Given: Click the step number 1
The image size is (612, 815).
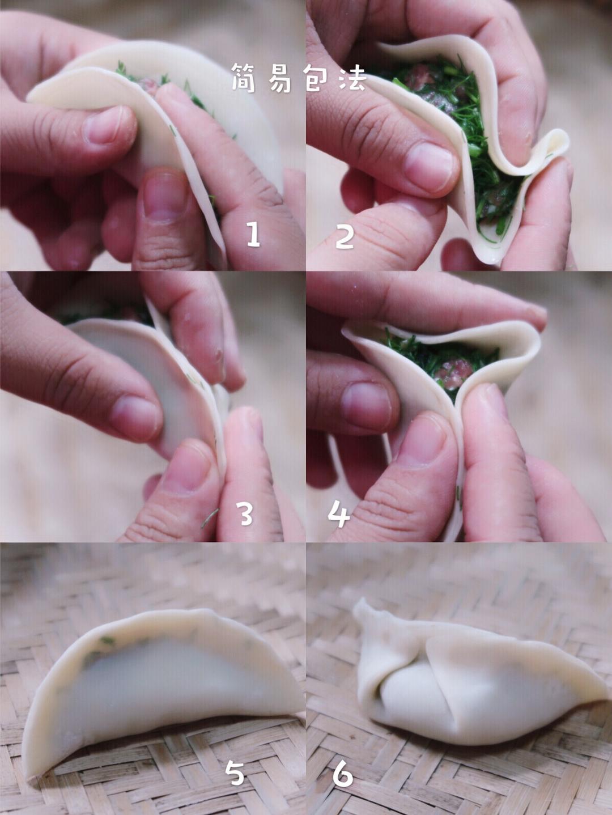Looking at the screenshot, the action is coord(253,235).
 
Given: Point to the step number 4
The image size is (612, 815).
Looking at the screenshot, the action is coord(339,514).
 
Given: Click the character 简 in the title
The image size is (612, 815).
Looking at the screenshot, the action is coord(244,78).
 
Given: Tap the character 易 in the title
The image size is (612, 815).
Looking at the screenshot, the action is coord(280,78).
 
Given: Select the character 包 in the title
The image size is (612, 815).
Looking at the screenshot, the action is coord(316,78).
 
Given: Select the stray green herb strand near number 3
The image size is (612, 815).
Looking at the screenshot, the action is coord(210,518).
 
